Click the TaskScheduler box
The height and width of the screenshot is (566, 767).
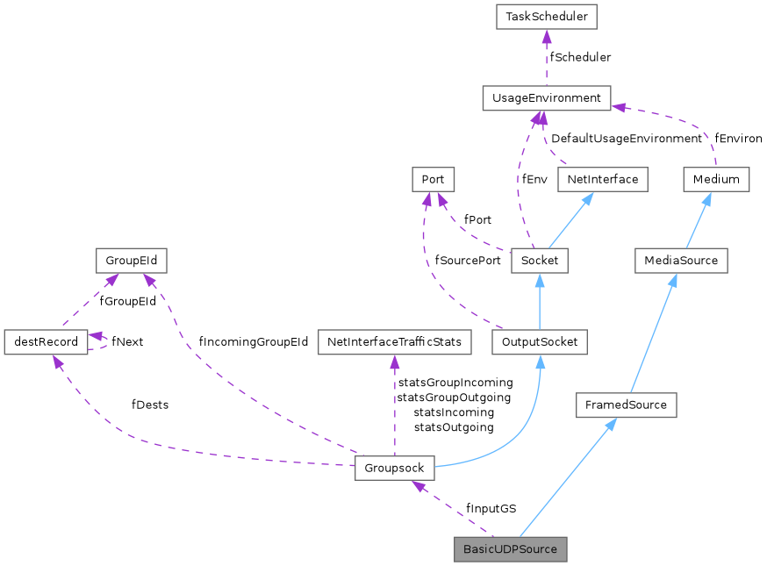[x=546, y=16]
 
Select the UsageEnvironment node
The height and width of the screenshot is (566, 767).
[x=546, y=97]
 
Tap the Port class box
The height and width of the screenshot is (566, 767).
[x=433, y=179]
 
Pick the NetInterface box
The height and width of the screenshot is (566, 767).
[x=602, y=179]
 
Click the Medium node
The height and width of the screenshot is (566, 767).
[x=716, y=179]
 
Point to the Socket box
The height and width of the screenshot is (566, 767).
[x=539, y=261]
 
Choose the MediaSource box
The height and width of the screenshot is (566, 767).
[x=681, y=261]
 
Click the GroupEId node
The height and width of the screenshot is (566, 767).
[x=131, y=261]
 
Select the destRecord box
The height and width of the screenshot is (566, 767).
[x=46, y=342]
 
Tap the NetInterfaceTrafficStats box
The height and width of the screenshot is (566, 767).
[x=394, y=342]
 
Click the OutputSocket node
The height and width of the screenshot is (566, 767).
[x=539, y=342]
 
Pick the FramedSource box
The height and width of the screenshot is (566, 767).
[x=627, y=405]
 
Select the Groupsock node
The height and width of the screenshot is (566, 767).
[x=394, y=467]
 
